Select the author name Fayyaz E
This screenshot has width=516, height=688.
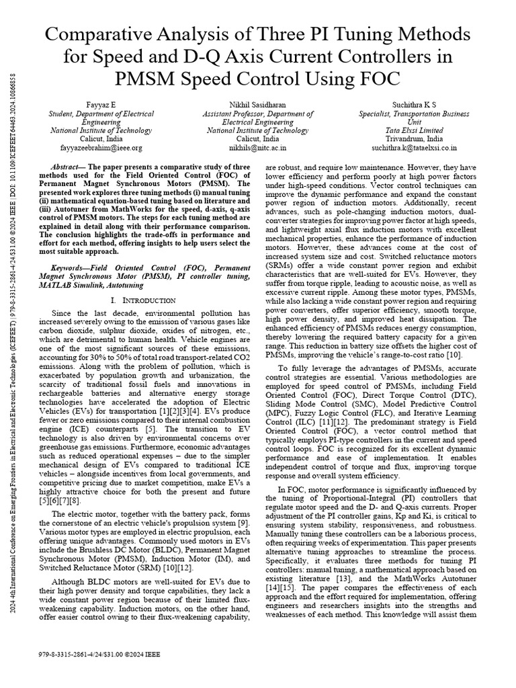coord(91,105)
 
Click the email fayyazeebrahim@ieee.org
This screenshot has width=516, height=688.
coord(92,146)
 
